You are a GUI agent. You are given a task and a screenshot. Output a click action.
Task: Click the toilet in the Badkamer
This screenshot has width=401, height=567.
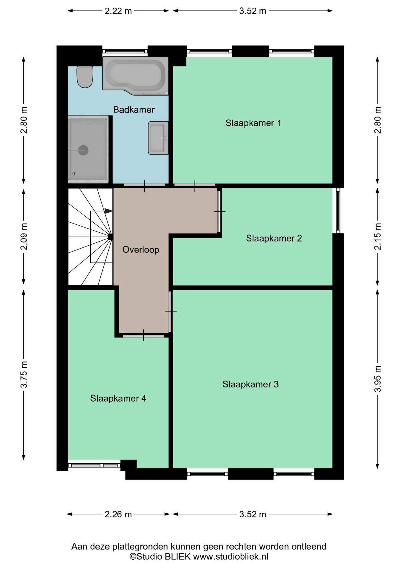click(85, 77)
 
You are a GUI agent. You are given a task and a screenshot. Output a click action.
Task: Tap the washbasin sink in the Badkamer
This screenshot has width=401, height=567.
click(158, 138)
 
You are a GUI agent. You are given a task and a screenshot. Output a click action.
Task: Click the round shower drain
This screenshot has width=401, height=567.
click(83, 150)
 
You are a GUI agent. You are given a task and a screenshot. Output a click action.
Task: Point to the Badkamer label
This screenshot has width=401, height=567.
click(134, 110)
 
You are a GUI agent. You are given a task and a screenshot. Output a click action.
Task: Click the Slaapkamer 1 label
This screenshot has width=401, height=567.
click(253, 123)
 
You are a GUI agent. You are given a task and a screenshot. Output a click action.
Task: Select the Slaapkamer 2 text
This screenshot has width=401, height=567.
click(274, 238)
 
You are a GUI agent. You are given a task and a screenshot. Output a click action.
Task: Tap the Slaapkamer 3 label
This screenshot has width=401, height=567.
click(250, 384)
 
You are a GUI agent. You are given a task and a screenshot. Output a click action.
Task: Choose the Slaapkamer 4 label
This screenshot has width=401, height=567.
click(118, 398)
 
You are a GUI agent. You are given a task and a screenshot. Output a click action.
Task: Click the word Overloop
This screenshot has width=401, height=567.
click(141, 250)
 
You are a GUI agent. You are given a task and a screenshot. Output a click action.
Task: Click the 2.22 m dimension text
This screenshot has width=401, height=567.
click(118, 11)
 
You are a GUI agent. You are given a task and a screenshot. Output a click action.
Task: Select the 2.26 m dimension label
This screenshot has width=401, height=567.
click(118, 514)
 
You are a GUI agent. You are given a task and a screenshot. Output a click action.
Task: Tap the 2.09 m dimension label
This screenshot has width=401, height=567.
click(24, 237)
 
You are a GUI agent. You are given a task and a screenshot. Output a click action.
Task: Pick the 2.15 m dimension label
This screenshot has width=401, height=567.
click(377, 237)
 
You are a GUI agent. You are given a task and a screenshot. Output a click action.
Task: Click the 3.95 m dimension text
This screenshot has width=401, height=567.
click(377, 379)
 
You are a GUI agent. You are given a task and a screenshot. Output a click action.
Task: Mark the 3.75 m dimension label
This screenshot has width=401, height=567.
click(24, 374)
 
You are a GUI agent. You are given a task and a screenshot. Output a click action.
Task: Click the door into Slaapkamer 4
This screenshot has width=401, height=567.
click(144, 335)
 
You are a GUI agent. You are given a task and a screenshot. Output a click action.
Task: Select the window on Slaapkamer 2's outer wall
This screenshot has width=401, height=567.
click(338, 210)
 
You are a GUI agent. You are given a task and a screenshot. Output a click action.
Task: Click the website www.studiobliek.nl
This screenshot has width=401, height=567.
click(231, 557)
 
